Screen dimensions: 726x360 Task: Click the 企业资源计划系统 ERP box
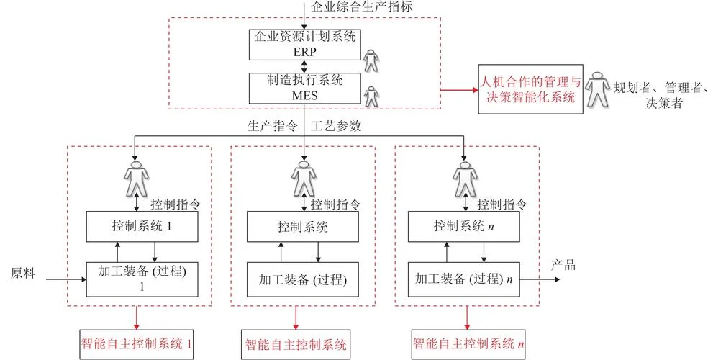tap(304, 45)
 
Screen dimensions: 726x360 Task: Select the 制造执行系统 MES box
tap(304, 88)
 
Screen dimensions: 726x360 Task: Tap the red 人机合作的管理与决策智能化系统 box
tap(530, 89)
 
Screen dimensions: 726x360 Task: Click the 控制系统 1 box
tap(142, 227)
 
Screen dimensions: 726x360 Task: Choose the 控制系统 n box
tap(464, 227)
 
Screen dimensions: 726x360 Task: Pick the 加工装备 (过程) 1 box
tap(142, 279)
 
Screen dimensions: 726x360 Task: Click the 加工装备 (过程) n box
tap(464, 279)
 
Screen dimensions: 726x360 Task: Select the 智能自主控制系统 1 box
tap(136, 344)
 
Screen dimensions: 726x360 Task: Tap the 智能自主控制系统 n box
tap(468, 344)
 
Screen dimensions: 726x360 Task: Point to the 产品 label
tap(563, 266)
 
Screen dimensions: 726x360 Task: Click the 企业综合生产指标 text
tap(362, 7)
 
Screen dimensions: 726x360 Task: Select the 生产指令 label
tap(272, 126)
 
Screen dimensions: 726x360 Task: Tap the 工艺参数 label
tap(336, 126)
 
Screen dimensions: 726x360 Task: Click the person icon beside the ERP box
tap(371, 60)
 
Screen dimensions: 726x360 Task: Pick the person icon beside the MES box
tap(371, 96)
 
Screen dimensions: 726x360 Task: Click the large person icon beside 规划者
tap(597, 89)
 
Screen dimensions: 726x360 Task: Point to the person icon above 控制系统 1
tap(137, 179)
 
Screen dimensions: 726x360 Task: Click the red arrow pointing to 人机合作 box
tap(459, 89)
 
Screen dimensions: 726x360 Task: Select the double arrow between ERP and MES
tap(304, 67)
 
